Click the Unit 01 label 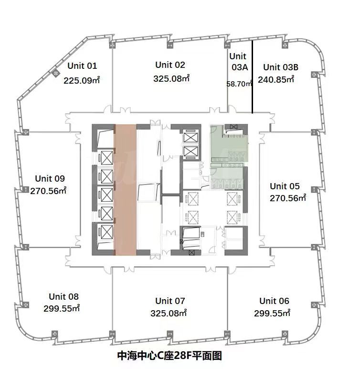(82, 65)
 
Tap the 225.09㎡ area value (82, 80)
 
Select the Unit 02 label (170, 65)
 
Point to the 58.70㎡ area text (239, 84)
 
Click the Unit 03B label (281, 67)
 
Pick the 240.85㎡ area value (276, 79)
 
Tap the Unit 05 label (285, 186)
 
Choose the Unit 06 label (274, 301)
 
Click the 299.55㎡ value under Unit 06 (272, 313)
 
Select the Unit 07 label (170, 301)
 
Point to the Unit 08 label (64, 296)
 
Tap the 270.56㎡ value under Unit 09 (48, 191)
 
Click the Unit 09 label (50, 178)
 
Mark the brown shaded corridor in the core (125, 190)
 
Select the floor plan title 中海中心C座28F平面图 (169, 356)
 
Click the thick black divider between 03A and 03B (252, 77)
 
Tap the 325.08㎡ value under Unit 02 (171, 78)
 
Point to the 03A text (240, 67)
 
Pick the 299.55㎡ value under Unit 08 (62, 308)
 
